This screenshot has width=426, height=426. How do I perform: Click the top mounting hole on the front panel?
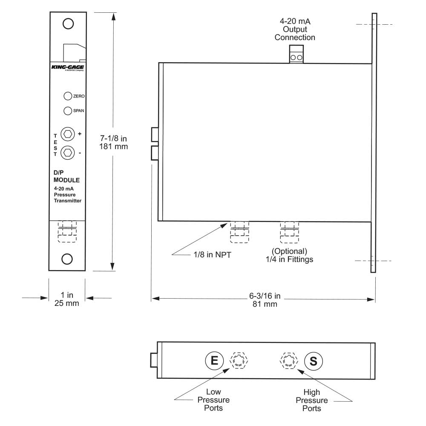(x=68, y=23)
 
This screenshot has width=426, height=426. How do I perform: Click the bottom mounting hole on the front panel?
(x=68, y=259)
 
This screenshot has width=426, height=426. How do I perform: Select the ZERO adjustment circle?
(x=67, y=96)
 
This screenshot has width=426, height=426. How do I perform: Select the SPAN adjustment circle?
(x=67, y=111)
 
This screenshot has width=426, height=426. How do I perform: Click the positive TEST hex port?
(x=68, y=134)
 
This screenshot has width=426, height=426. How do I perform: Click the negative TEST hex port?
(x=68, y=152)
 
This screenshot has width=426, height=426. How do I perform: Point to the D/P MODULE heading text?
(x=66, y=176)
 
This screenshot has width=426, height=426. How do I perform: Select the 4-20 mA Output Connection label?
(x=295, y=30)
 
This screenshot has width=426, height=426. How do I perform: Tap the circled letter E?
(x=214, y=361)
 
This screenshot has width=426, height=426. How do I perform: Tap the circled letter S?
(x=314, y=361)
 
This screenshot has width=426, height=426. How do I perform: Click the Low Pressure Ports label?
(x=213, y=400)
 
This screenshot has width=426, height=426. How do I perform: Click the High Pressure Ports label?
(x=312, y=400)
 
